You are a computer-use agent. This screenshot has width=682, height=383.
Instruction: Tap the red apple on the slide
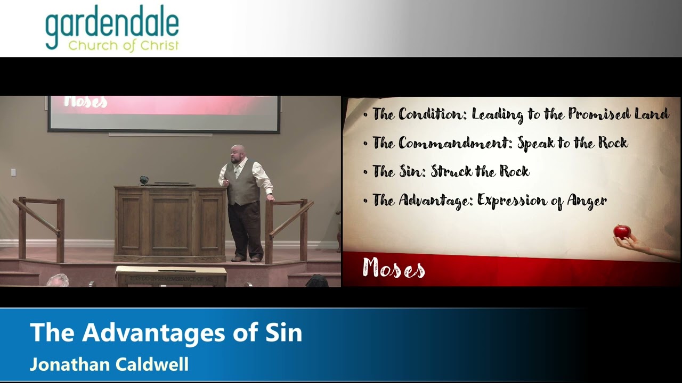pos(622,231)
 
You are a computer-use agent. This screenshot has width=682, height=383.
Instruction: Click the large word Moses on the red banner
pos(393,268)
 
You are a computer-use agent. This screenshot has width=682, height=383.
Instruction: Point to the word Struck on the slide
pos(453,171)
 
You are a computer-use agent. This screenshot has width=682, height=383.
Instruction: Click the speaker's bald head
pos(239,152)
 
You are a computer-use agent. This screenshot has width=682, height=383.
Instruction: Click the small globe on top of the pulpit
pos(144,180)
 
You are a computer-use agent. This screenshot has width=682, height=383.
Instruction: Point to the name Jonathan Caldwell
pos(109,364)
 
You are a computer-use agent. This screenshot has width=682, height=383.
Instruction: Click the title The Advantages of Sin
pos(166,332)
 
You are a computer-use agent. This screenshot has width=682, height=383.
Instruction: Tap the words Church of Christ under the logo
pos(123,45)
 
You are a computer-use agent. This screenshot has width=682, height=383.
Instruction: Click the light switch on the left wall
pos(13,172)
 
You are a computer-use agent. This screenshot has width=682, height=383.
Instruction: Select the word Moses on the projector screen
pos(85,102)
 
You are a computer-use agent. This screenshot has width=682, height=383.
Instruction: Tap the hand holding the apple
pos(629,244)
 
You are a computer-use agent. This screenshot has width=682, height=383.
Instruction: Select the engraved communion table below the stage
pos(170,277)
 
